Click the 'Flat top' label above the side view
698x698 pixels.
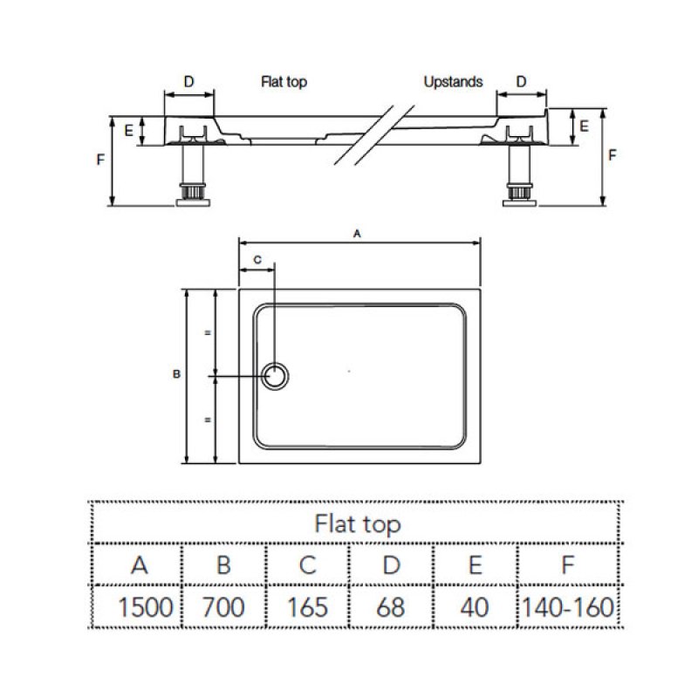click(x=284, y=82)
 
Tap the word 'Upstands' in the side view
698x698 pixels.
click(x=453, y=82)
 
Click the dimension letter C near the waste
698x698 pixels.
click(x=257, y=260)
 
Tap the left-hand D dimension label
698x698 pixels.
click(x=189, y=82)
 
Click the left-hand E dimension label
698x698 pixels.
click(x=128, y=131)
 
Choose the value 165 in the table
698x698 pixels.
click(x=307, y=606)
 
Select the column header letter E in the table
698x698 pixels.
click(x=475, y=564)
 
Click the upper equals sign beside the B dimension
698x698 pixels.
click(x=208, y=333)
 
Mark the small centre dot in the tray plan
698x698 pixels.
click(x=348, y=372)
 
